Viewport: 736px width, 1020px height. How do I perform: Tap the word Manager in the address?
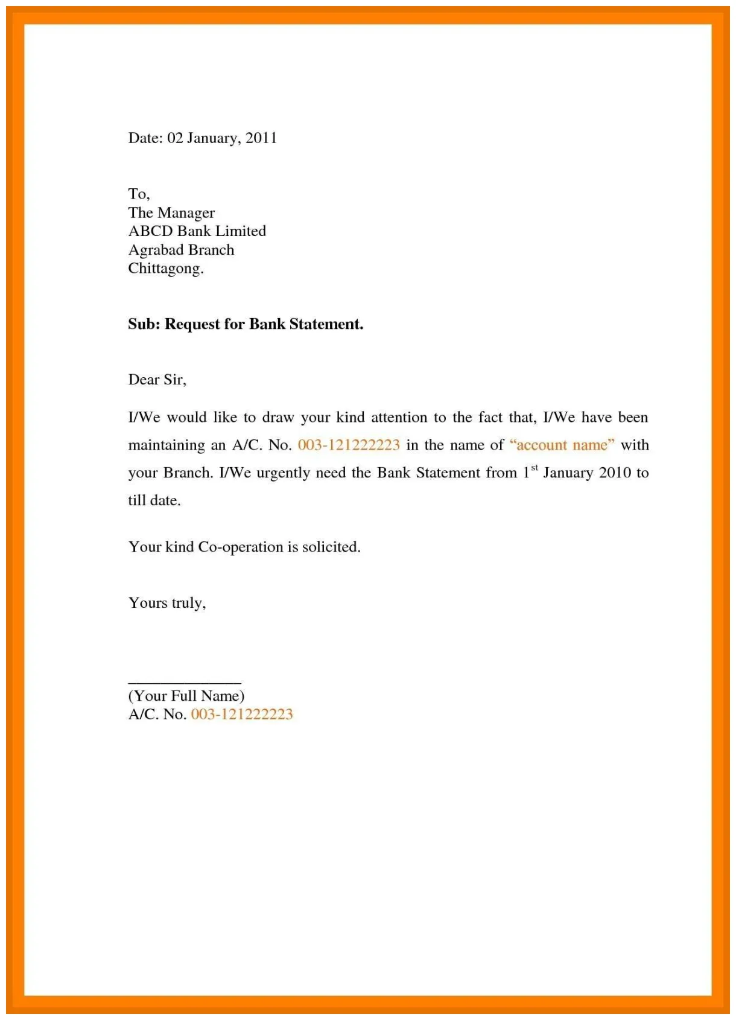[186, 213]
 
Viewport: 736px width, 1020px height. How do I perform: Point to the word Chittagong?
[165, 269]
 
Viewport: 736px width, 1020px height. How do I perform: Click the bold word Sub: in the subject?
[144, 325]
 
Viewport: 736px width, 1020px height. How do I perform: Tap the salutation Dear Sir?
[157, 380]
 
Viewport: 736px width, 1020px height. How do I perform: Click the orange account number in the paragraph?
[349, 445]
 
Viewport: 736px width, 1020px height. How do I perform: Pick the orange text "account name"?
[562, 445]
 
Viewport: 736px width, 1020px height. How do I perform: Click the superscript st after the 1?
[534, 468]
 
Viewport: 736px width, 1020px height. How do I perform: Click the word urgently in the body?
[283, 473]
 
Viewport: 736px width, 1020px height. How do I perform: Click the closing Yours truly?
[167, 603]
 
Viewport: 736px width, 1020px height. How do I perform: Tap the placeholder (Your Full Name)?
[186, 696]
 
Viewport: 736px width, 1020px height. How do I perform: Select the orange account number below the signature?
[241, 715]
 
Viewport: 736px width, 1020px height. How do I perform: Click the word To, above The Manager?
[139, 194]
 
